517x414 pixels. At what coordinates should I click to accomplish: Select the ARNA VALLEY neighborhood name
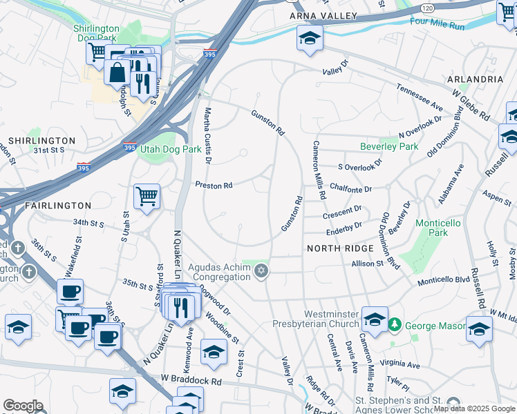click(323, 16)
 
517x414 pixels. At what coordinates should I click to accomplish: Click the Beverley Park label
click(389, 146)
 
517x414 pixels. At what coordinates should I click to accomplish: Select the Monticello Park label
click(432, 228)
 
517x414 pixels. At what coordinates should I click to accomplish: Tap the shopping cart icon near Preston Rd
click(147, 197)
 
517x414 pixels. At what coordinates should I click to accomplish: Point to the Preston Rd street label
click(214, 185)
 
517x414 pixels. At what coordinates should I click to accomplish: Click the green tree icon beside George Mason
click(395, 323)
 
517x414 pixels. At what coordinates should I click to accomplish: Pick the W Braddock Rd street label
click(191, 379)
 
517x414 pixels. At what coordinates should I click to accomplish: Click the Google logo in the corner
click(23, 406)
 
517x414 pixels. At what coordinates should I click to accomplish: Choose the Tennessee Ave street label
click(420, 97)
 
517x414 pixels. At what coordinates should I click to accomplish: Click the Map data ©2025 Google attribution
click(474, 408)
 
